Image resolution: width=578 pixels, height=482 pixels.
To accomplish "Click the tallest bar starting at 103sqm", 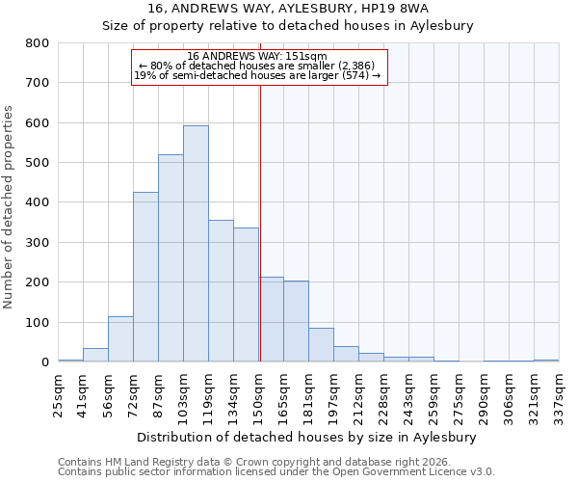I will (x=196, y=244).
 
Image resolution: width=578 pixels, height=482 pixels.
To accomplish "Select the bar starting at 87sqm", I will (x=171, y=258).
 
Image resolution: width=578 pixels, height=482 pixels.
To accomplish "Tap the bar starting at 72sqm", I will (x=145, y=278).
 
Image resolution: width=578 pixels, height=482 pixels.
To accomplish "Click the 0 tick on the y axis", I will (x=44, y=362).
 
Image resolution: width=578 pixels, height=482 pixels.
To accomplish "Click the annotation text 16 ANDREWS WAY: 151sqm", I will (x=257, y=57).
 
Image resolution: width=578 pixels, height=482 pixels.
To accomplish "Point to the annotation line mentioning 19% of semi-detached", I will (x=257, y=75).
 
